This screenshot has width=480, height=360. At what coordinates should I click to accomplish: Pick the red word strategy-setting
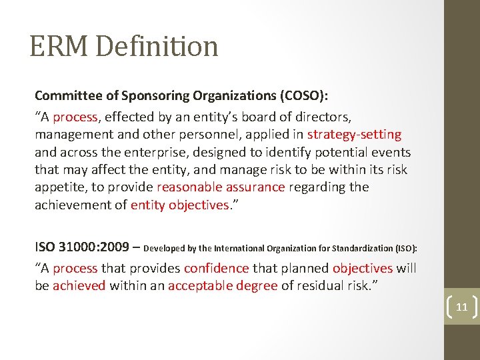[x=354, y=135]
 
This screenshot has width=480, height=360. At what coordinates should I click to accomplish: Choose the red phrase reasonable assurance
[x=221, y=187]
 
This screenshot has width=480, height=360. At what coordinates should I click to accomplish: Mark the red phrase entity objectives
[x=179, y=205]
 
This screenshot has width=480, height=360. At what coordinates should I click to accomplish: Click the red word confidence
[x=216, y=269]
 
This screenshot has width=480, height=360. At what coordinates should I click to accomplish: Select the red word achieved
[x=79, y=286]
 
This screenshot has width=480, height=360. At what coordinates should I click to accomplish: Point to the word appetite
[x=59, y=187]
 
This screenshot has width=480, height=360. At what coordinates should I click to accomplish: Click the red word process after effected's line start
[x=75, y=117]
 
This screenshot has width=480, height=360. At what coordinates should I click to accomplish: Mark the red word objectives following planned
[x=363, y=269]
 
